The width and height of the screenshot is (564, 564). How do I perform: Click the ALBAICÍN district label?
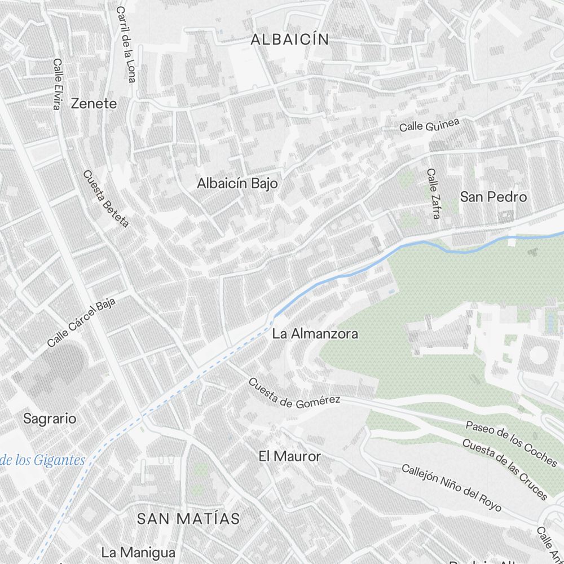click(x=290, y=39)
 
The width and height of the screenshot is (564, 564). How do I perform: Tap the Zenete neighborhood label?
click(x=94, y=104)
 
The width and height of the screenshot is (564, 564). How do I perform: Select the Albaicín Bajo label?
click(x=237, y=183)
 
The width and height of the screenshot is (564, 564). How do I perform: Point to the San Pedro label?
click(x=493, y=197)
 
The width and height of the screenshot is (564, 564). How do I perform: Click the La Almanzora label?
click(x=315, y=334)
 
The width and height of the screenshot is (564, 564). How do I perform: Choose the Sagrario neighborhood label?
click(x=50, y=418)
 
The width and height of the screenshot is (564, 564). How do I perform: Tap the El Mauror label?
click(x=289, y=456)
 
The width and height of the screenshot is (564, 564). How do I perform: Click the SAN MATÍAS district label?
click(x=189, y=519)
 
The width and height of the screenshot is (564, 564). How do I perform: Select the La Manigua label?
click(x=138, y=552)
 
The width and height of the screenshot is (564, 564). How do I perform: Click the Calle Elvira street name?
click(x=56, y=85)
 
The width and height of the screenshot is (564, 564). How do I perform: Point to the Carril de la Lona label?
click(x=126, y=44)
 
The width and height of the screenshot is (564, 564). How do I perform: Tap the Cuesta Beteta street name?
click(x=106, y=199)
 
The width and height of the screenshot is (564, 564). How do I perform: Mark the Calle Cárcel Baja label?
click(x=81, y=322)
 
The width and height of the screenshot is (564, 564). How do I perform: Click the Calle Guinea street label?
click(x=430, y=125)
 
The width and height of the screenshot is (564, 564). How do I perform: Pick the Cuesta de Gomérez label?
click(x=294, y=393)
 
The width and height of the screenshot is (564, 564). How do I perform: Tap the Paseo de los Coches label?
click(x=511, y=443)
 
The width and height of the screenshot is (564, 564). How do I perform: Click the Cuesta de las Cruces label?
click(x=505, y=469)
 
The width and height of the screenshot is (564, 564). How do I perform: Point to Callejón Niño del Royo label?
click(x=451, y=487)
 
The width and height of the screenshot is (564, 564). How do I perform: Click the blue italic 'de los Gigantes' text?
click(x=42, y=460)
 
